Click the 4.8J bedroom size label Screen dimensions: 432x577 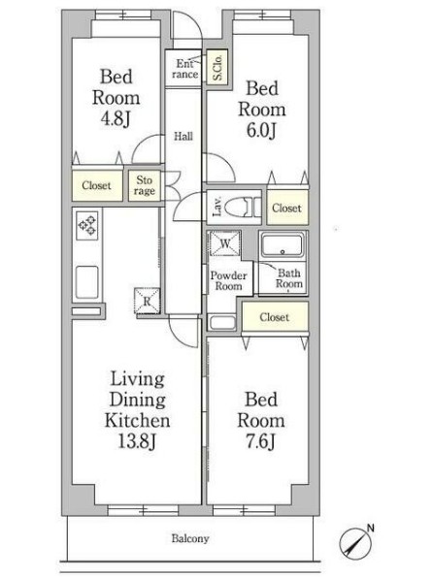click(116, 119)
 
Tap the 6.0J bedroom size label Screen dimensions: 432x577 click(261, 130)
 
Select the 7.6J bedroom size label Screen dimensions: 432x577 click(260, 441)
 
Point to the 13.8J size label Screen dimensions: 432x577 click(137, 441)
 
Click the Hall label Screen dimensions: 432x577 click(183, 137)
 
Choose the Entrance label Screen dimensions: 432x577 click(184, 69)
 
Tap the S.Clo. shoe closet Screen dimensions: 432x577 click(217, 67)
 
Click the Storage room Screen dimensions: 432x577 click(145, 185)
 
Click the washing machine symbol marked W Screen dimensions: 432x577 click(225, 242)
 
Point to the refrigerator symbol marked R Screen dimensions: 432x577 click(148, 301)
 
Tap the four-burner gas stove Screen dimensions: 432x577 click(87, 225)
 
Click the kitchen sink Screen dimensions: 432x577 click(87, 282)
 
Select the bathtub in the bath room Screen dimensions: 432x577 click(282, 244)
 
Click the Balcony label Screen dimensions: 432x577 click(190, 539)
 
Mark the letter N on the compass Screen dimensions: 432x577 click(371, 529)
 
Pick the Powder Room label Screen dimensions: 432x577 click(228, 281)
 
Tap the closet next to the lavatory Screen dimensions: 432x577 click(287, 208)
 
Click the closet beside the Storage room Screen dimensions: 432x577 click(97, 185)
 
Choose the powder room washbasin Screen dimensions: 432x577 click(222, 323)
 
